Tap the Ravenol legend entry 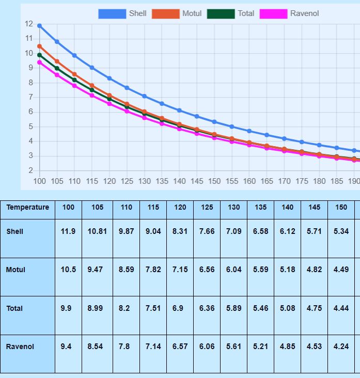click(x=289, y=13)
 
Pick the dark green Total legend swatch click(x=221, y=13)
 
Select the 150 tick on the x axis click(x=214, y=181)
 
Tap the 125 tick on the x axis click(x=127, y=181)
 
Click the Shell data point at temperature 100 click(x=40, y=26)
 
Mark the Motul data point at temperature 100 click(x=40, y=46)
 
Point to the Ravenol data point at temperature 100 click(x=40, y=62)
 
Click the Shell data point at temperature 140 click(x=179, y=111)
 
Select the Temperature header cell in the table click(x=28, y=208)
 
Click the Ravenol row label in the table click(x=20, y=346)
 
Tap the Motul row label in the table click(x=15, y=270)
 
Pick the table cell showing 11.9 click(x=68, y=231)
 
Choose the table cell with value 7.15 click(x=180, y=270)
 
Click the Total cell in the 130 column click(x=233, y=308)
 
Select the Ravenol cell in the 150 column click(x=341, y=346)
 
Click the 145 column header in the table click(x=314, y=208)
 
